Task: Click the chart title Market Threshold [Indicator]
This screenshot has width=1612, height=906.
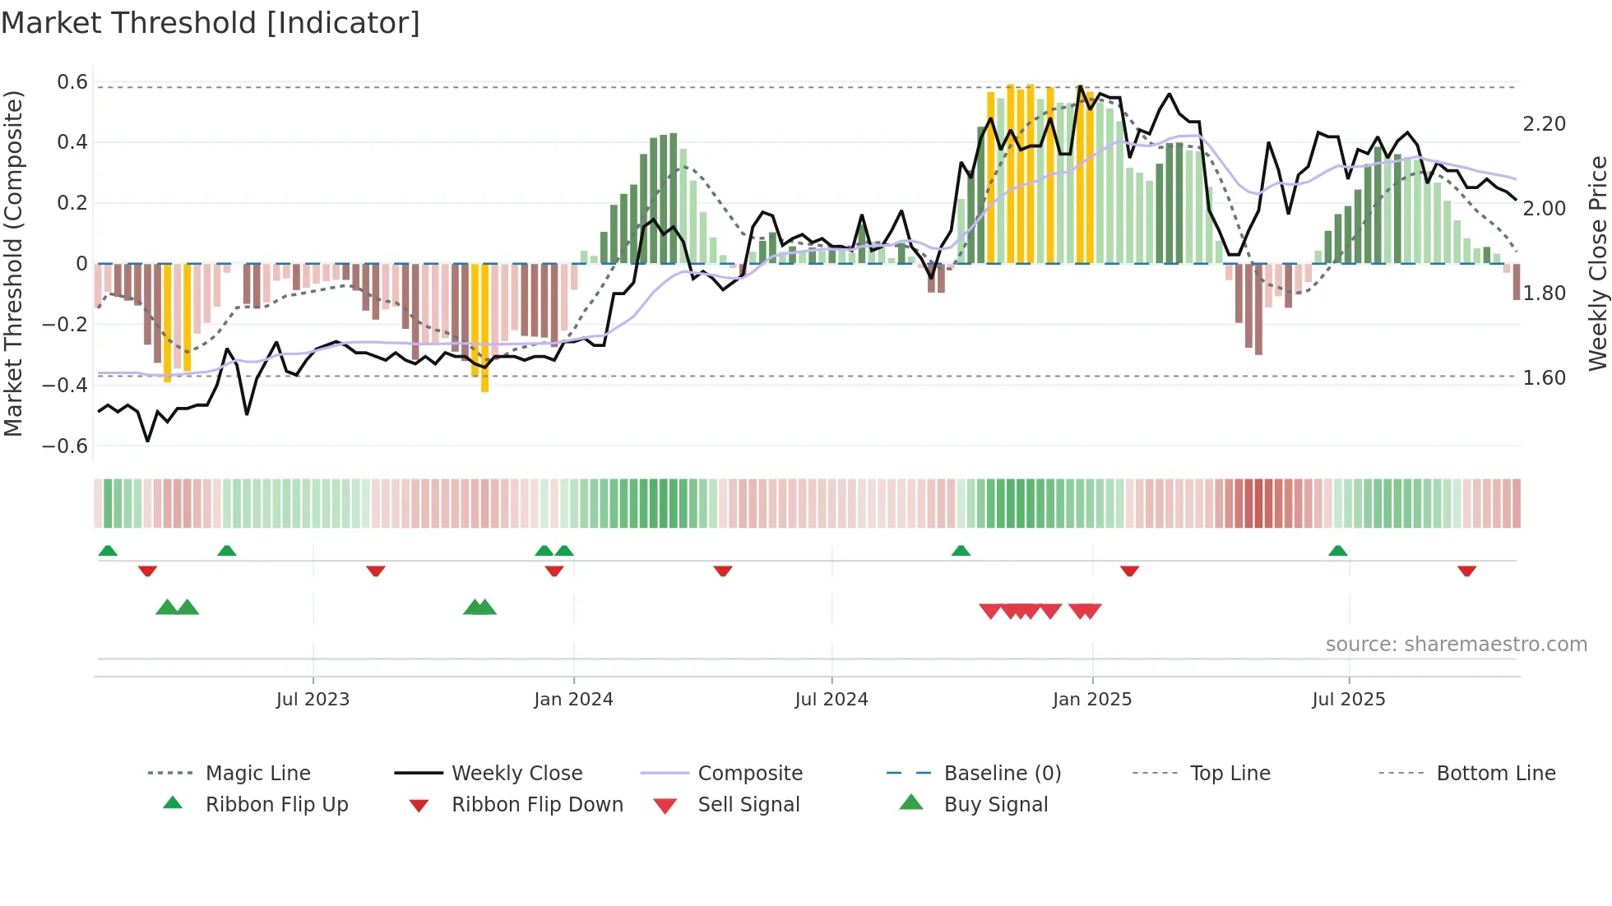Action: (x=211, y=23)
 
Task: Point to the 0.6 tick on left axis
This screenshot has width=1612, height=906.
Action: (x=72, y=82)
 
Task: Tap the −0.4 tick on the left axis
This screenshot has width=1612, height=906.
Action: (x=65, y=385)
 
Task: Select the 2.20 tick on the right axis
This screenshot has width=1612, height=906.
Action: (x=1544, y=124)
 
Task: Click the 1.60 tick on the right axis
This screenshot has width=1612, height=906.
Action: (x=1544, y=378)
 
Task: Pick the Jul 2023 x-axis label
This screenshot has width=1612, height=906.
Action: (x=313, y=700)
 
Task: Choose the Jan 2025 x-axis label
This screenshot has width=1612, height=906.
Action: (x=1091, y=700)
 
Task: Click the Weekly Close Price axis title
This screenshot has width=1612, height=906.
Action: (x=1597, y=263)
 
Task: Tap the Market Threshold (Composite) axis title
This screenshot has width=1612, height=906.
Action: (x=13, y=263)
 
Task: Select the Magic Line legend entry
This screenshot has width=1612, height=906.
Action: (x=257, y=774)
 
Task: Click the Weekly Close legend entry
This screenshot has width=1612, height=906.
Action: (x=516, y=774)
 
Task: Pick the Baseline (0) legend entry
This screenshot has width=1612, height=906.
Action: (x=1002, y=774)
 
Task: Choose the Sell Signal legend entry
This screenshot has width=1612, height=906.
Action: (x=748, y=805)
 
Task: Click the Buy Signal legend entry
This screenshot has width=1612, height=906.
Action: (x=995, y=805)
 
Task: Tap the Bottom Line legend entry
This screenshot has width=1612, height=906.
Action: (x=1495, y=774)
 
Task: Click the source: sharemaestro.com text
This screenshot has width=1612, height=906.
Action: (x=1456, y=645)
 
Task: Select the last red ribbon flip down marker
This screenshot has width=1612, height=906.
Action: (x=1466, y=571)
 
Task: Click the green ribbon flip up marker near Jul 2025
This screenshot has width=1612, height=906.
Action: (x=1337, y=551)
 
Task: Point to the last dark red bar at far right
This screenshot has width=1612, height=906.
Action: (x=1517, y=281)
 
